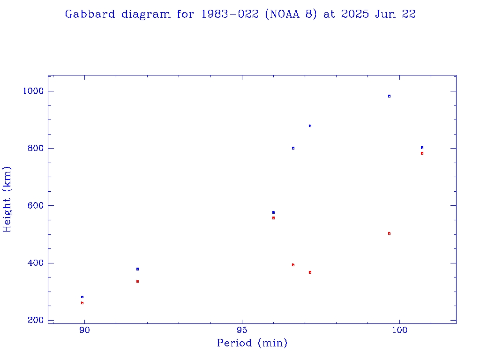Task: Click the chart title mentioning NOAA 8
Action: [x=240, y=15]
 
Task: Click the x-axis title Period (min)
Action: [x=252, y=344]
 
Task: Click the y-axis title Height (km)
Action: [x=7, y=199]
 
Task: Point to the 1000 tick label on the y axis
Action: [x=32, y=91]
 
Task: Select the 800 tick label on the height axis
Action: [x=34, y=148]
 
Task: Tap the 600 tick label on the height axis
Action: [x=34, y=206]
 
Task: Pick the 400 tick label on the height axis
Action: [x=34, y=263]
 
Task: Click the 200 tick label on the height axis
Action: [x=34, y=320]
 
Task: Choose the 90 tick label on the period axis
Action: [x=84, y=330]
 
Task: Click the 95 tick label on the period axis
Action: [x=242, y=330]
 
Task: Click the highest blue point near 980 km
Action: [x=389, y=96]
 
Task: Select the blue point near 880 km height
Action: [x=310, y=126]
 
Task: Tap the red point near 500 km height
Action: [x=389, y=233]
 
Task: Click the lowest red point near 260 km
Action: [x=82, y=303]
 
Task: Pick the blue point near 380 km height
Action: [x=137, y=269]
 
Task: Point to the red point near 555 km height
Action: [x=273, y=218]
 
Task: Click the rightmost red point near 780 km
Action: [x=422, y=153]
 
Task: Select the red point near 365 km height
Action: [x=310, y=272]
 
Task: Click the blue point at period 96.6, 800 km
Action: [x=293, y=148]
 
